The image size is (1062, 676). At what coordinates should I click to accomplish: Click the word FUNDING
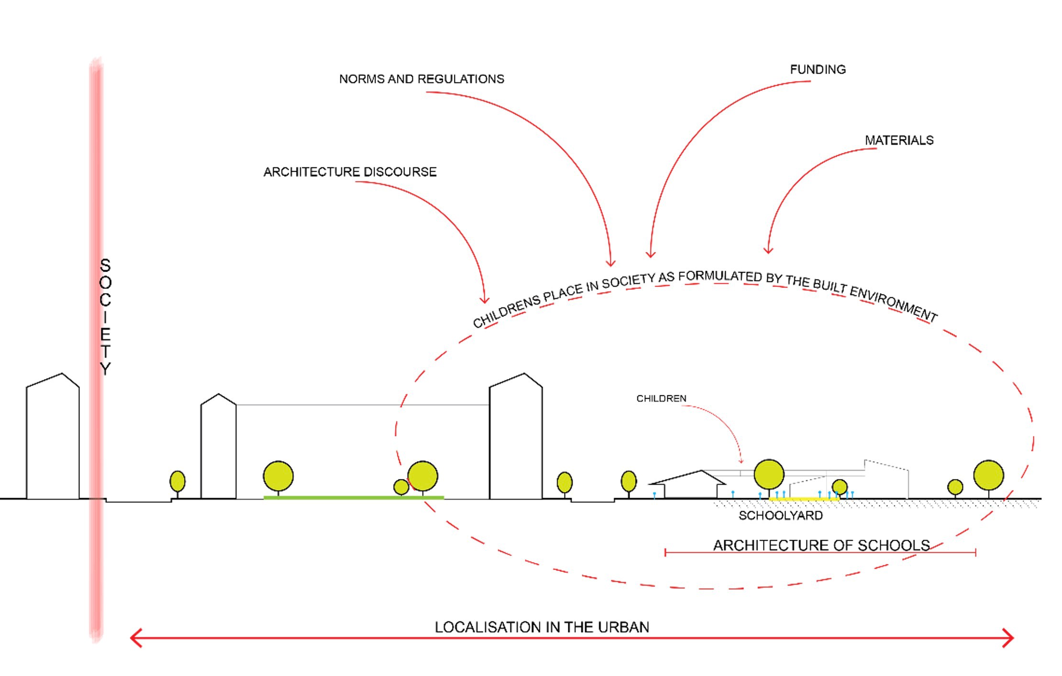pyautogui.click(x=818, y=70)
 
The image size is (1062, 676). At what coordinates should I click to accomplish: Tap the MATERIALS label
pyautogui.click(x=899, y=141)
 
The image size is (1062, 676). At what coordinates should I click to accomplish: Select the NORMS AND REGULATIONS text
pyautogui.click(x=421, y=79)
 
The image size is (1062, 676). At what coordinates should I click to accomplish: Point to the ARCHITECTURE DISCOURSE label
pyautogui.click(x=350, y=172)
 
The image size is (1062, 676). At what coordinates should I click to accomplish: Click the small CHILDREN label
pyautogui.click(x=661, y=399)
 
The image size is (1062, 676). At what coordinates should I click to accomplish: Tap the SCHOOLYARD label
pyautogui.click(x=780, y=515)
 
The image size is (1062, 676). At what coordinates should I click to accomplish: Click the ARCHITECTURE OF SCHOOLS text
pyautogui.click(x=821, y=545)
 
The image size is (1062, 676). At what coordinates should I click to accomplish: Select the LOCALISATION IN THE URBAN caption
pyautogui.click(x=542, y=627)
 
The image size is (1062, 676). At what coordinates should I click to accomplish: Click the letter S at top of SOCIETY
pyautogui.click(x=105, y=265)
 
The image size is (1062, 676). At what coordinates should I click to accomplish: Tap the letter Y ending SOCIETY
pyautogui.click(x=105, y=369)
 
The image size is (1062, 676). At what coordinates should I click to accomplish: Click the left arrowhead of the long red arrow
pyautogui.click(x=134, y=638)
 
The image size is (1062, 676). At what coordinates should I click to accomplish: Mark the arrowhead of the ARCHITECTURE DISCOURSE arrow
pyautogui.click(x=484, y=300)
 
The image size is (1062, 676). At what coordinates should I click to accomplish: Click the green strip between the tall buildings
pyautogui.click(x=354, y=498)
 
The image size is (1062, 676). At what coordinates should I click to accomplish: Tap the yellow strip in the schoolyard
pyautogui.click(x=804, y=499)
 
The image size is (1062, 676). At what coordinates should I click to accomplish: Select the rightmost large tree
pyautogui.click(x=988, y=476)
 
